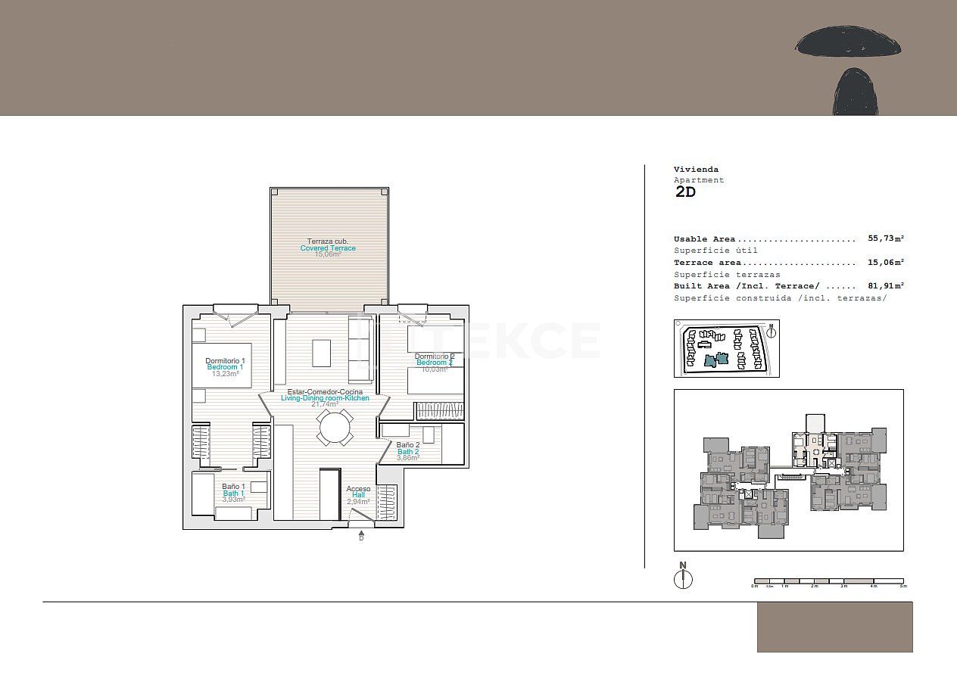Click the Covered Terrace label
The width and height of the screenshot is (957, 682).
(x=328, y=248)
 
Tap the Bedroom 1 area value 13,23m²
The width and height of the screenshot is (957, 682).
(x=225, y=374)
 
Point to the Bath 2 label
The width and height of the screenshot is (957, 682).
(x=408, y=453)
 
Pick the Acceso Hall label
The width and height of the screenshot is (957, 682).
(x=358, y=491)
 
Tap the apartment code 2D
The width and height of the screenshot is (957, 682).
(x=685, y=192)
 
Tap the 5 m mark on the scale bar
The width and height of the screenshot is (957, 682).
(x=902, y=586)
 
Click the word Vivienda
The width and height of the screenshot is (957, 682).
(x=696, y=170)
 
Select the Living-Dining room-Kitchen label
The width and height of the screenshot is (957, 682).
(x=325, y=398)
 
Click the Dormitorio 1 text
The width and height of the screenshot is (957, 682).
(x=225, y=361)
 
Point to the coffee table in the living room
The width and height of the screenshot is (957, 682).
(x=322, y=353)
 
